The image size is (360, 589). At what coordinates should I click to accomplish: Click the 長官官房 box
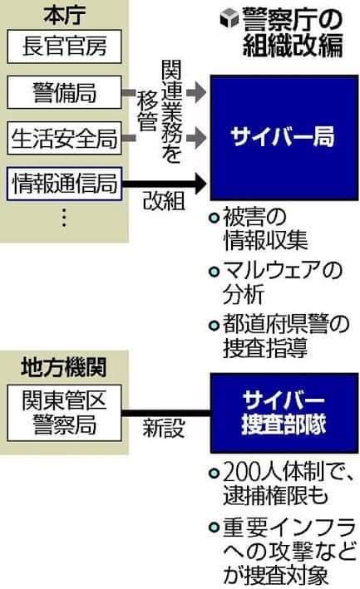coord(64,47)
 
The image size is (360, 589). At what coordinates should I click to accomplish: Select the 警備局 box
coord(64,92)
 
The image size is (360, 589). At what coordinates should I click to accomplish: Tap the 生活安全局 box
coord(64,138)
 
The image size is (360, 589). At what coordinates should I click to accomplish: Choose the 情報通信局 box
coord(64,184)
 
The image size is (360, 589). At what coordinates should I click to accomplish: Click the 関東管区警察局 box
coord(64,413)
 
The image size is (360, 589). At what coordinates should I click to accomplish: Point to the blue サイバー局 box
coord(284,137)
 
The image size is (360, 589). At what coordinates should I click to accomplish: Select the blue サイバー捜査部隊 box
coord(284,413)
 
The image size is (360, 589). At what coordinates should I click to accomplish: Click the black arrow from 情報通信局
coord(165,184)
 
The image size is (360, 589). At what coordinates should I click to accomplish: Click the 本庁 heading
coord(64,15)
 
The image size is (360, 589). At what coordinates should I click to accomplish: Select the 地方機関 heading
coord(64,367)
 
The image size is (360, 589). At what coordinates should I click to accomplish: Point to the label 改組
coord(164,201)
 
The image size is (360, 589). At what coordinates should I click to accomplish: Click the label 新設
coord(164,428)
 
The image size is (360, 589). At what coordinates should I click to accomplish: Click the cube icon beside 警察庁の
coord(229,18)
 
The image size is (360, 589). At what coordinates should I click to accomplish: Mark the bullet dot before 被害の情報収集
coord(214,218)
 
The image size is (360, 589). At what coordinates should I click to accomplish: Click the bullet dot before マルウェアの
coord(214,271)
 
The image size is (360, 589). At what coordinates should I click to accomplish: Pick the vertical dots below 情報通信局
coord(64,217)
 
